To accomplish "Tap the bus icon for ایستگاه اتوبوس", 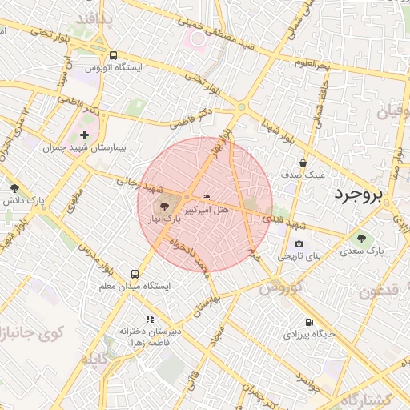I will coord(113,56).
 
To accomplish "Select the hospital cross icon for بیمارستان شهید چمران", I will coord(85,134).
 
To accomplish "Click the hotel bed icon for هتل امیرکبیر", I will coord(207,198).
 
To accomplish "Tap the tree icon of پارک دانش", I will coord(14,188).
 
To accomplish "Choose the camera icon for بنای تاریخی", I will coord(299,244).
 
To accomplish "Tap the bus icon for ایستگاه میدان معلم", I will coord(135,273).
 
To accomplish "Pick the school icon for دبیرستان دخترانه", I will coord(148,319).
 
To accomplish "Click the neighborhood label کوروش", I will coord(279,287).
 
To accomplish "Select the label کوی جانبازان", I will coord(24,331).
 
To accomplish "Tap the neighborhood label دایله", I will coord(99,358).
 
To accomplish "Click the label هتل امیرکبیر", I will coord(207,210).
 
